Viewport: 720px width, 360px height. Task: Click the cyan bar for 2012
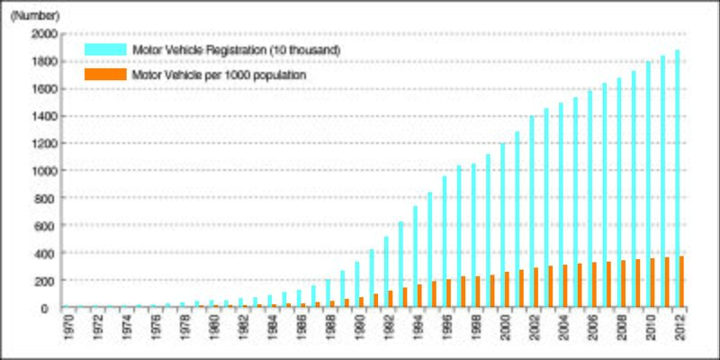pos(678,180)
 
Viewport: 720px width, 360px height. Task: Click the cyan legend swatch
pos(103,49)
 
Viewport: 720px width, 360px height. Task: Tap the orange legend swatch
pos(103,75)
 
